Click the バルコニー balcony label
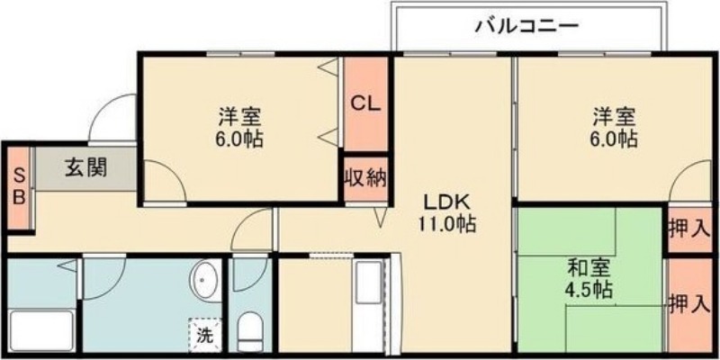coord(526,27)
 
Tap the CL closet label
coord(366,103)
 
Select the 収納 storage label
coord(366,177)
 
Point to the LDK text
coord(445,202)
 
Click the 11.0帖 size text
coord(446,223)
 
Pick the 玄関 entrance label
coord(85,166)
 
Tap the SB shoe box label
coord(19,185)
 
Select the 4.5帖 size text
coord(589,289)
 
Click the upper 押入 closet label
coord(689,229)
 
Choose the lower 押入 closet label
coord(689,304)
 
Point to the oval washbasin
coord(204,281)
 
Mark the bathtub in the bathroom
coord(41,331)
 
